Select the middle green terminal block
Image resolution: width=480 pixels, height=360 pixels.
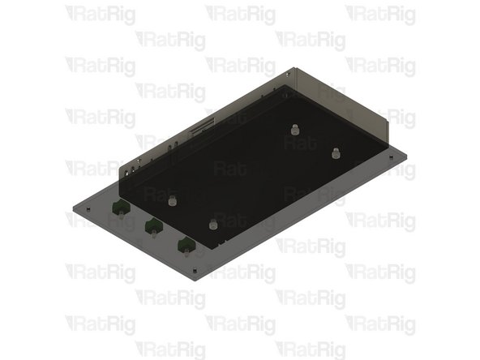(151, 228)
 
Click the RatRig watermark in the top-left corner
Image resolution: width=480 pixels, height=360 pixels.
(101, 14)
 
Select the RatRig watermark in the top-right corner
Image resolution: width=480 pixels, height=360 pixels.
(380, 14)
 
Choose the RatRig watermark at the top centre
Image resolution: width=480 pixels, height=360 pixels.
(240, 14)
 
